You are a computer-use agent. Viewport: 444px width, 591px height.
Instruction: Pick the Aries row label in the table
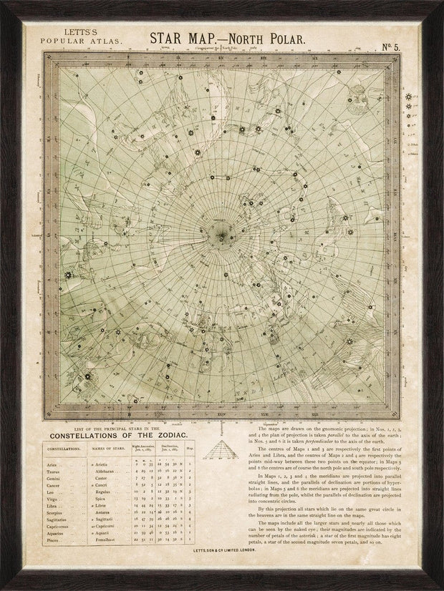pyautogui.click(x=52, y=464)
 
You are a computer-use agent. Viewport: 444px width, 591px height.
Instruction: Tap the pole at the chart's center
pyautogui.click(x=224, y=235)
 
